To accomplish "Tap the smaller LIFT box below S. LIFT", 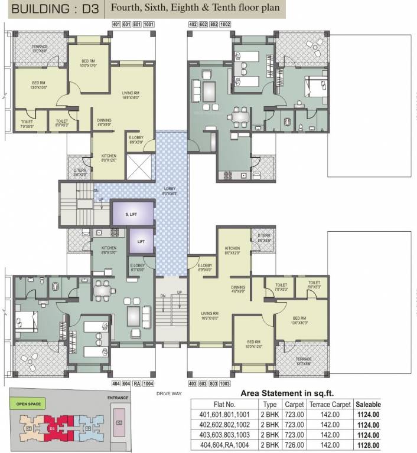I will click(141, 241).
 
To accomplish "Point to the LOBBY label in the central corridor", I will click(170, 189).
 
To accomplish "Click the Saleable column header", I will click(367, 405).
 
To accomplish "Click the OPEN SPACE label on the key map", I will click(29, 404).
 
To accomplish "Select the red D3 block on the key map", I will click(52, 424).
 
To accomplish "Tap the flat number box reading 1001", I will click(148, 24).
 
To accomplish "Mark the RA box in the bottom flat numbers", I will click(136, 383).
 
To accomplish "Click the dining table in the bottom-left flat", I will click(103, 289).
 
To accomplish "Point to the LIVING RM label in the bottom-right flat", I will click(210, 315).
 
